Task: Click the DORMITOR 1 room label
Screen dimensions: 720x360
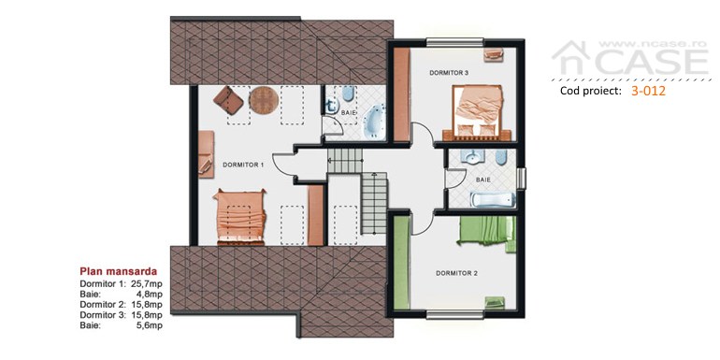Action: pyautogui.click(x=243, y=165)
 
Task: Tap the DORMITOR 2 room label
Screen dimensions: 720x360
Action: pyautogui.click(x=456, y=273)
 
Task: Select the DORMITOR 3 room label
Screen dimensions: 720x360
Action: pyautogui.click(x=449, y=73)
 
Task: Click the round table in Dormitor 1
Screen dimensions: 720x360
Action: pyautogui.click(x=264, y=100)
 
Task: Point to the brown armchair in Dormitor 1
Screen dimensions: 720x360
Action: pyautogui.click(x=228, y=100)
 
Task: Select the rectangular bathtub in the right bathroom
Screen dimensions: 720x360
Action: pyautogui.click(x=493, y=200)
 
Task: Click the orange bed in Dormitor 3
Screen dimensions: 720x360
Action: pyautogui.click(x=477, y=111)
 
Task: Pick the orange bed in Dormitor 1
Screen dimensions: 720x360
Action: pyautogui.click(x=239, y=216)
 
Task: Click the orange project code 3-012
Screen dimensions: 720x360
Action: pyautogui.click(x=648, y=91)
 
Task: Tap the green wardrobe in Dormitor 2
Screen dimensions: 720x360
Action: pyautogui.click(x=402, y=264)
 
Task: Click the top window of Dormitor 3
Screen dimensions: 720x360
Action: pyautogui.click(x=454, y=43)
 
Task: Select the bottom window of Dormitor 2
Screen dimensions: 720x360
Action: pyautogui.click(x=454, y=314)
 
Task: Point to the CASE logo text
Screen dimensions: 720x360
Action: pyautogui.click(x=652, y=62)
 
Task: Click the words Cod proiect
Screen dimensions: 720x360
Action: pyautogui.click(x=590, y=91)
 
